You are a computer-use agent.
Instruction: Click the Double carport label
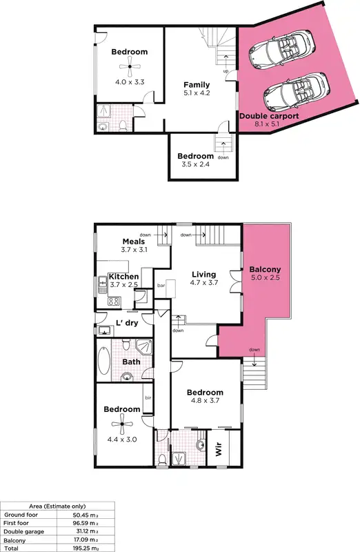click(x=269, y=117)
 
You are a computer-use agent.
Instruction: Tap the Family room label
click(x=197, y=85)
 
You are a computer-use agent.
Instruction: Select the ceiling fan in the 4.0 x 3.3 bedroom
click(x=129, y=66)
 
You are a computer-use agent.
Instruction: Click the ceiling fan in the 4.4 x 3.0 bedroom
click(x=121, y=423)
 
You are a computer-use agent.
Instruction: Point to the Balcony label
click(x=265, y=269)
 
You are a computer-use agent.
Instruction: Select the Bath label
click(x=131, y=362)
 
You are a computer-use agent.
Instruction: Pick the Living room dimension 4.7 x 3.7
click(x=204, y=283)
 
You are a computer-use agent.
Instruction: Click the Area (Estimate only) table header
click(x=57, y=506)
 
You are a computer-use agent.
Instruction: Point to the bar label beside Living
click(x=161, y=284)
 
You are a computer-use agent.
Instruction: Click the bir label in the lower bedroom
click(x=148, y=398)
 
